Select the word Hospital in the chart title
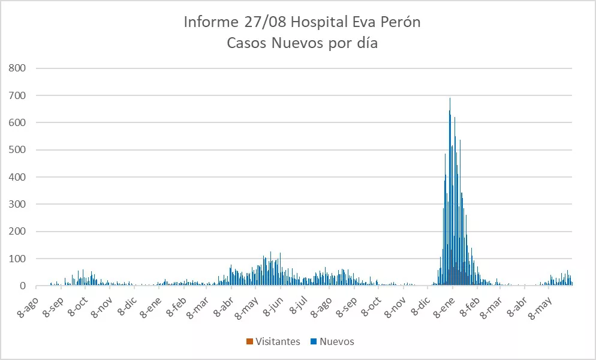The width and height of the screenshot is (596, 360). (318, 23)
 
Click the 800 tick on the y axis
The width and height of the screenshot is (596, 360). (18, 68)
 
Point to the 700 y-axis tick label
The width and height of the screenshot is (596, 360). (18, 95)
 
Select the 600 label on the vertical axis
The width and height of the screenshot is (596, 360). (18, 122)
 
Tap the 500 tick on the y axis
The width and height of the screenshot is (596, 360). (18, 150)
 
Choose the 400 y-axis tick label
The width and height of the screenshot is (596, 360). (18, 177)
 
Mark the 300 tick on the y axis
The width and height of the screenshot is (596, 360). (18, 204)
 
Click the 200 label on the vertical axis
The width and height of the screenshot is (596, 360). (18, 232)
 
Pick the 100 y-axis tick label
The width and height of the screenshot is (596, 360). (18, 259)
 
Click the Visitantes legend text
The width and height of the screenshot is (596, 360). (278, 341)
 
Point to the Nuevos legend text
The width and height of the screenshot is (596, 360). (337, 341)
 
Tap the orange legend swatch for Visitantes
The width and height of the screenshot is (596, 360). (249, 342)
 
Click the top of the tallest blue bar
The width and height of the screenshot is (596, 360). (450, 98)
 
